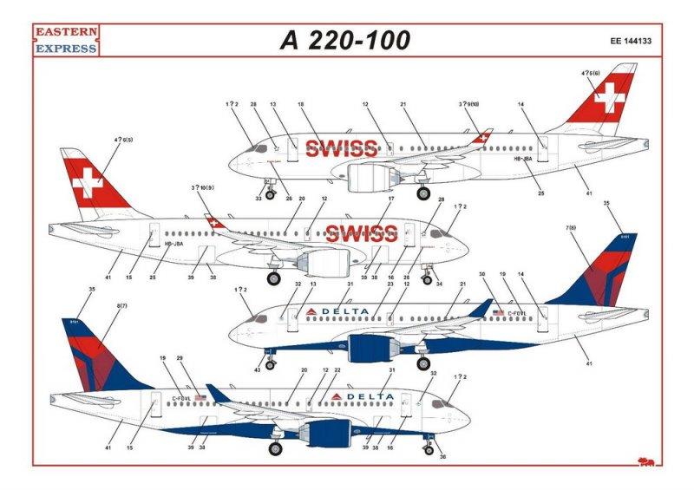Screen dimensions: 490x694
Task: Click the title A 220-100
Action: coord(345,41)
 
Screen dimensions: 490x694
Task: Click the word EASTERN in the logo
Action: coord(66,35)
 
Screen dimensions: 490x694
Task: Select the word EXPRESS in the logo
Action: coord(66,49)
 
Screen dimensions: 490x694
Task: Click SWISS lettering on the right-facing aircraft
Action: coord(340,148)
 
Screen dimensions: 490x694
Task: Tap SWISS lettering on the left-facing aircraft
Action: coord(361,233)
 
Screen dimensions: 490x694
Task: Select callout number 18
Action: coord(301,104)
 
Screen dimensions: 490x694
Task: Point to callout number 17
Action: coord(391,199)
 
